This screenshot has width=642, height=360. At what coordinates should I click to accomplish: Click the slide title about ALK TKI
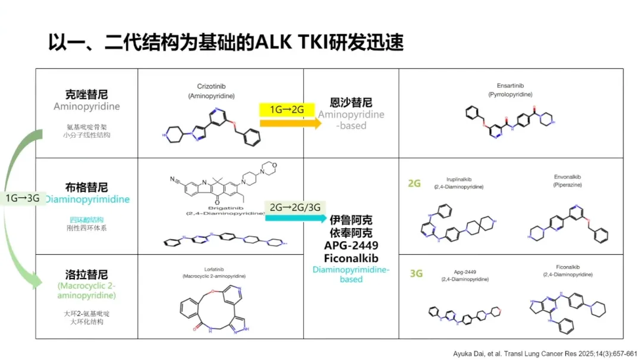(x=226, y=43)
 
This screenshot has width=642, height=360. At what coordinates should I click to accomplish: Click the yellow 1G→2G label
(x=287, y=109)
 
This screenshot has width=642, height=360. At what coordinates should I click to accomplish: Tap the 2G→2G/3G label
(x=295, y=207)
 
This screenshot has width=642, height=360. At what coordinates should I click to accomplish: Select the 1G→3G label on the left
(x=22, y=198)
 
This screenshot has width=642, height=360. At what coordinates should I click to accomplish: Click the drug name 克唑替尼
(x=87, y=94)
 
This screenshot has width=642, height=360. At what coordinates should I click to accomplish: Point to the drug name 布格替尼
(x=87, y=188)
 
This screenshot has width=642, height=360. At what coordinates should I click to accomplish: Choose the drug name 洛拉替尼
(x=87, y=274)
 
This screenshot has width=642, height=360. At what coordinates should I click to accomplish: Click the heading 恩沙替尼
(x=351, y=102)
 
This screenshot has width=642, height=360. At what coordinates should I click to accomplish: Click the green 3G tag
(x=416, y=274)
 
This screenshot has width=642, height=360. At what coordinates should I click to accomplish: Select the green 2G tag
(x=414, y=184)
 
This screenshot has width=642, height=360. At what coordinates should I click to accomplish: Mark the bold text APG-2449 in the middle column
(x=351, y=246)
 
